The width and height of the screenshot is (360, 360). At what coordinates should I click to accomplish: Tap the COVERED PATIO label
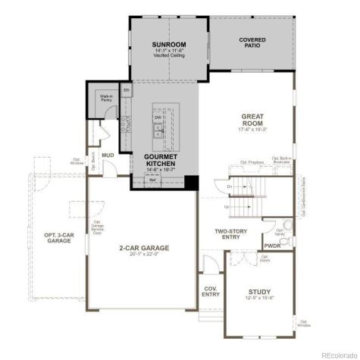tap(252, 42)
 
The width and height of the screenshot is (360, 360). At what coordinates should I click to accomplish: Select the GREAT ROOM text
tap(252, 120)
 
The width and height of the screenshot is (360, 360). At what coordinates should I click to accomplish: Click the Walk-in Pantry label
tap(105, 99)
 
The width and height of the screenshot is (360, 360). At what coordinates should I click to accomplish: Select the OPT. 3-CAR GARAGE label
tap(58, 236)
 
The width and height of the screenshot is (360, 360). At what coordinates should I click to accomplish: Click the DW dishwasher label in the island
tap(158, 118)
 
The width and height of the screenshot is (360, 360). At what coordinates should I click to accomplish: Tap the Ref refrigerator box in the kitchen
tap(152, 180)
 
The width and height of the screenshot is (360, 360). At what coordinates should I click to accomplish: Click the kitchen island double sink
tap(159, 135)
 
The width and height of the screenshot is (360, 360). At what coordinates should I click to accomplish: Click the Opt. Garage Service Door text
tap(97, 224)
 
